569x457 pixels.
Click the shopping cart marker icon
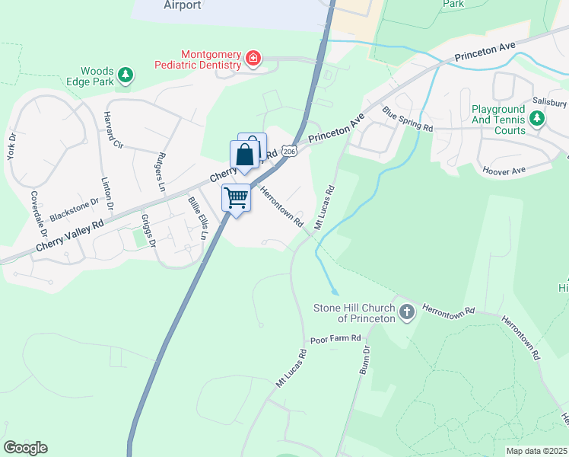coord(237,199)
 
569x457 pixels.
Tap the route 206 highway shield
coord(288,152)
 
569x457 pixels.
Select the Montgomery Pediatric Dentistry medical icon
coord(253,58)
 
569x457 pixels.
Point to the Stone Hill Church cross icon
coord(407,312)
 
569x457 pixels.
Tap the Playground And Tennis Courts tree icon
coord(537,118)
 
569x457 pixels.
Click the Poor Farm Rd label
coord(335,338)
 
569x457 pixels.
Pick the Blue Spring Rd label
coord(408,120)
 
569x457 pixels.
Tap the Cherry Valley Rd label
coord(69,237)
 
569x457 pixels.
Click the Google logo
coord(25,448)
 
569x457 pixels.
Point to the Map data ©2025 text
coord(536,451)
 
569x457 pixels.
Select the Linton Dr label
coord(107,194)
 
